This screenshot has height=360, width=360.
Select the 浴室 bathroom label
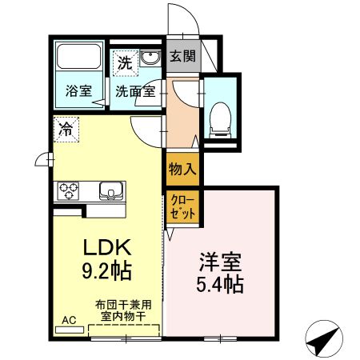pyautogui.click(x=78, y=91)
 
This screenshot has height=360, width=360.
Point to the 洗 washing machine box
pyautogui.click(x=125, y=61)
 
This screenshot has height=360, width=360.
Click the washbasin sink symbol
pyautogui.click(x=150, y=59)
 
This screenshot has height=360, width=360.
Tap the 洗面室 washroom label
pyautogui.click(x=134, y=91)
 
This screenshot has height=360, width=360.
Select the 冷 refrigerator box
pyautogui.click(x=67, y=129)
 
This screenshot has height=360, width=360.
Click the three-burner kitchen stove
pyautogui.click(x=67, y=191)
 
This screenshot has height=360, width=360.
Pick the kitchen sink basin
pyautogui.click(x=110, y=191)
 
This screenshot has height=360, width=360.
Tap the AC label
pyautogui.click(x=68, y=319)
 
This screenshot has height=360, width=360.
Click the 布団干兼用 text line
pyautogui.click(x=123, y=304)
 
